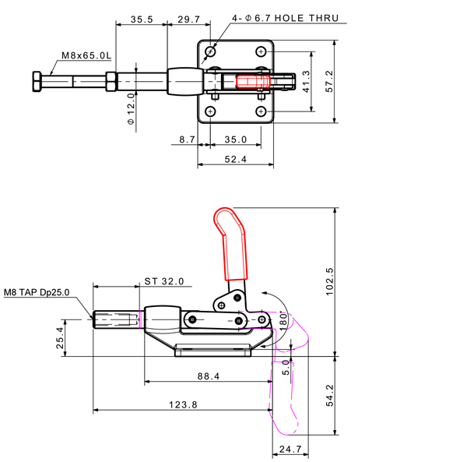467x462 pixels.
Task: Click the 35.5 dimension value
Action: coord(141,18)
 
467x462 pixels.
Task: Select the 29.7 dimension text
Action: coord(190,18)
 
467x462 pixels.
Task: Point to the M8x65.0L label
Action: coord(86,56)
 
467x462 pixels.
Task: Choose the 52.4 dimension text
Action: coord(235,160)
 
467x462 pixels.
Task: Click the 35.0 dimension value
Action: coord(235,139)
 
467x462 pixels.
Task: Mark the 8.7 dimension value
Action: coord(187,139)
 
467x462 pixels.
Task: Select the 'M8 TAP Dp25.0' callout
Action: coord(36,292)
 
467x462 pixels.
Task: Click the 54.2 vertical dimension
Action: coord(329,394)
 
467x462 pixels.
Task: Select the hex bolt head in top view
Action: coord(37,81)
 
